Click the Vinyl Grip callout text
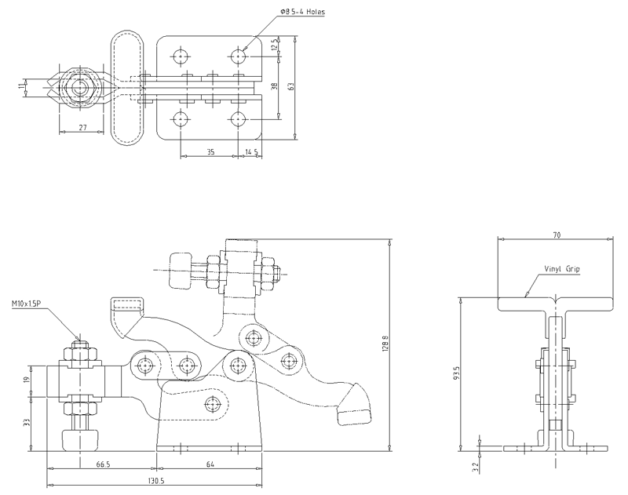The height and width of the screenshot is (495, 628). [561, 269]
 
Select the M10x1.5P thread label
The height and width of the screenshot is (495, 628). [27, 304]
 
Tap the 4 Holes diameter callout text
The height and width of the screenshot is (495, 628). [302, 12]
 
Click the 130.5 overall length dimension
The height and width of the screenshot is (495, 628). [155, 481]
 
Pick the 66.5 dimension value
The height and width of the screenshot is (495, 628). [103, 464]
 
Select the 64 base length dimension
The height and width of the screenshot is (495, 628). [210, 464]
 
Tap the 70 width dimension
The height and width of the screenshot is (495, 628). [557, 235]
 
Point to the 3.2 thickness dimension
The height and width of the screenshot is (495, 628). [475, 467]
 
